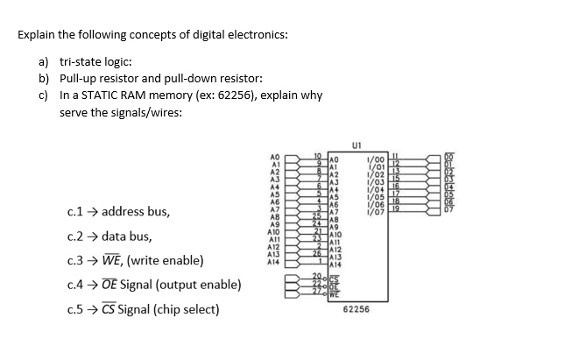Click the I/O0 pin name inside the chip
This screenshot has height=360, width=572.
click(x=377, y=155)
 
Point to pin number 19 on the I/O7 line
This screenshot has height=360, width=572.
click(x=395, y=207)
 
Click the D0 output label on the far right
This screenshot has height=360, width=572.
click(x=449, y=155)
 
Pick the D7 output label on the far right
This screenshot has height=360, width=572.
click(x=449, y=208)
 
